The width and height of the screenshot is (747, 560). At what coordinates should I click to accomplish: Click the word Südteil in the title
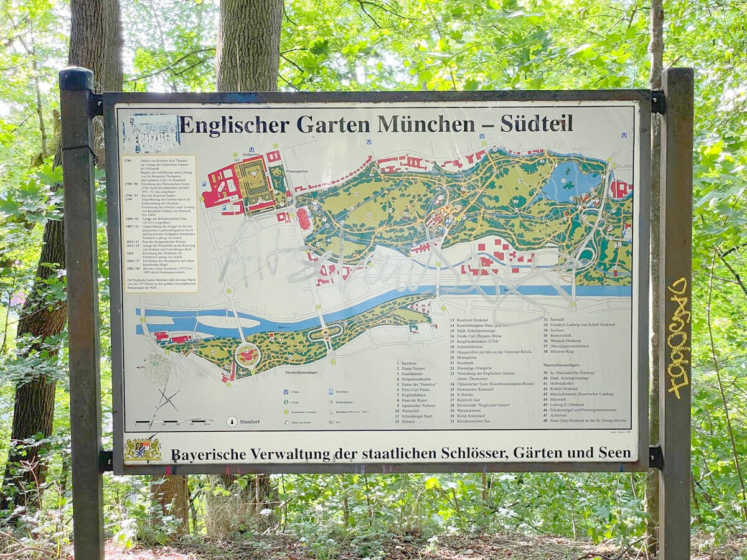coord(537,124)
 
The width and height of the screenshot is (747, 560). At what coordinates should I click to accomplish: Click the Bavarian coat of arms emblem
coord(143,449)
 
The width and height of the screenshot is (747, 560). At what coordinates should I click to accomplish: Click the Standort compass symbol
coord(232,421)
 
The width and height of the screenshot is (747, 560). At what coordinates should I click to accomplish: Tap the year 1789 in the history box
coord(129,161)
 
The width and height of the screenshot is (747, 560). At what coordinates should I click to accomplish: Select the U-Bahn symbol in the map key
coord(283,392)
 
